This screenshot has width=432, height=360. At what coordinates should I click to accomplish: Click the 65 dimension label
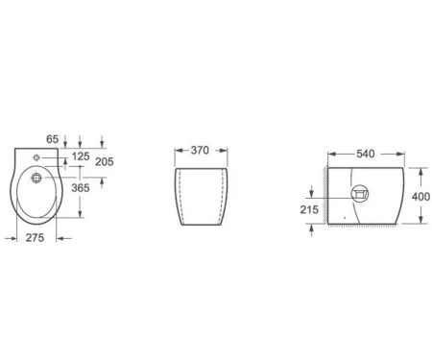pyautogui.click(x=53, y=139)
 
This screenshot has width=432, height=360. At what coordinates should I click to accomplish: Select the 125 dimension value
pyautogui.click(x=81, y=156)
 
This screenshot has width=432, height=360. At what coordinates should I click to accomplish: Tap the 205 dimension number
pyautogui.click(x=105, y=162)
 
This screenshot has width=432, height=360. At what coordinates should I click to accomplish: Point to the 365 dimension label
pyautogui.click(x=81, y=188)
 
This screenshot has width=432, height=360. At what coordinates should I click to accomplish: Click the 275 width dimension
pyautogui.click(x=35, y=238)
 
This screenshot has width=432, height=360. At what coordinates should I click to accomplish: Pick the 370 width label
pyautogui.click(x=200, y=150)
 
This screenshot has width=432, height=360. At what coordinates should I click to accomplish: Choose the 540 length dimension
pyautogui.click(x=366, y=154)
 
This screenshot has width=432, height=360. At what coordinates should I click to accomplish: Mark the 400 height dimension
pyautogui.click(x=420, y=197)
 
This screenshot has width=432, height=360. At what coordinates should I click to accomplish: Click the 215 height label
pyautogui.click(x=309, y=209)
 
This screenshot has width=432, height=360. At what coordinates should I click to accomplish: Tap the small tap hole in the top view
pyautogui.click(x=36, y=157)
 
